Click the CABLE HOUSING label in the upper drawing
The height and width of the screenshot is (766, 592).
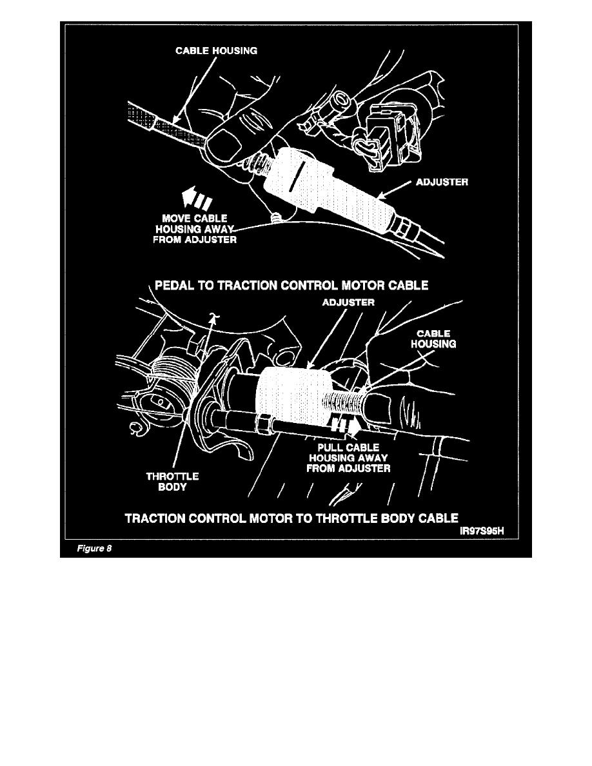coord(216,52)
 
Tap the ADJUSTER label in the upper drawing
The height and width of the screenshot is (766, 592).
coord(440,182)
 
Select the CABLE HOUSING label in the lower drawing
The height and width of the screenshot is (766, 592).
coord(433,339)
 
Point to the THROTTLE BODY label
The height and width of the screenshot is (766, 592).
coord(173,482)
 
